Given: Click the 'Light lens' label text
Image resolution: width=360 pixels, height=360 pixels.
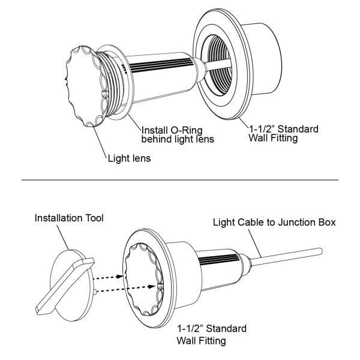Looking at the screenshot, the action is click(129, 158).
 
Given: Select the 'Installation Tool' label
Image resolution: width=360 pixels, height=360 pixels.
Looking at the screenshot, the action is click(69, 218).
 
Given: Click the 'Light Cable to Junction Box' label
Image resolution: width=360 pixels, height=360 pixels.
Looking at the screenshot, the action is click(274, 222).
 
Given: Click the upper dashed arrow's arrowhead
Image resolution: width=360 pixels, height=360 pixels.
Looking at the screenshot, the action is click(121, 277).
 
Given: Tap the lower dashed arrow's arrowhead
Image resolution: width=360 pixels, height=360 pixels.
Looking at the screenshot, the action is click(151, 287).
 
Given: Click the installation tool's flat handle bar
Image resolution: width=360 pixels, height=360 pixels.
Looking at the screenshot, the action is click(65, 285).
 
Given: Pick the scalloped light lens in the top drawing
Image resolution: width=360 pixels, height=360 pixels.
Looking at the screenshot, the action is click(85, 86).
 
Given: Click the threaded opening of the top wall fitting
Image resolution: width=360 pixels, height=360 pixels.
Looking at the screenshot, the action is click(216, 65).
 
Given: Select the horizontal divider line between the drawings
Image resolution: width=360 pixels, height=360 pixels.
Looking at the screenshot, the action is click(180, 180).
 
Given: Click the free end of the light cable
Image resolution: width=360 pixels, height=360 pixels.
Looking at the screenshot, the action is click(320, 251).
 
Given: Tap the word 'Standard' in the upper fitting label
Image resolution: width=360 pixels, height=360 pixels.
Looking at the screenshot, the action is click(298, 129).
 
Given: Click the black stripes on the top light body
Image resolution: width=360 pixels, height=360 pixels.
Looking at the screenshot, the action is click(158, 65).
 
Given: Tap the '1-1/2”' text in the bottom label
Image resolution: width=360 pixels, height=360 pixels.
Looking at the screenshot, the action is click(190, 329).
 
